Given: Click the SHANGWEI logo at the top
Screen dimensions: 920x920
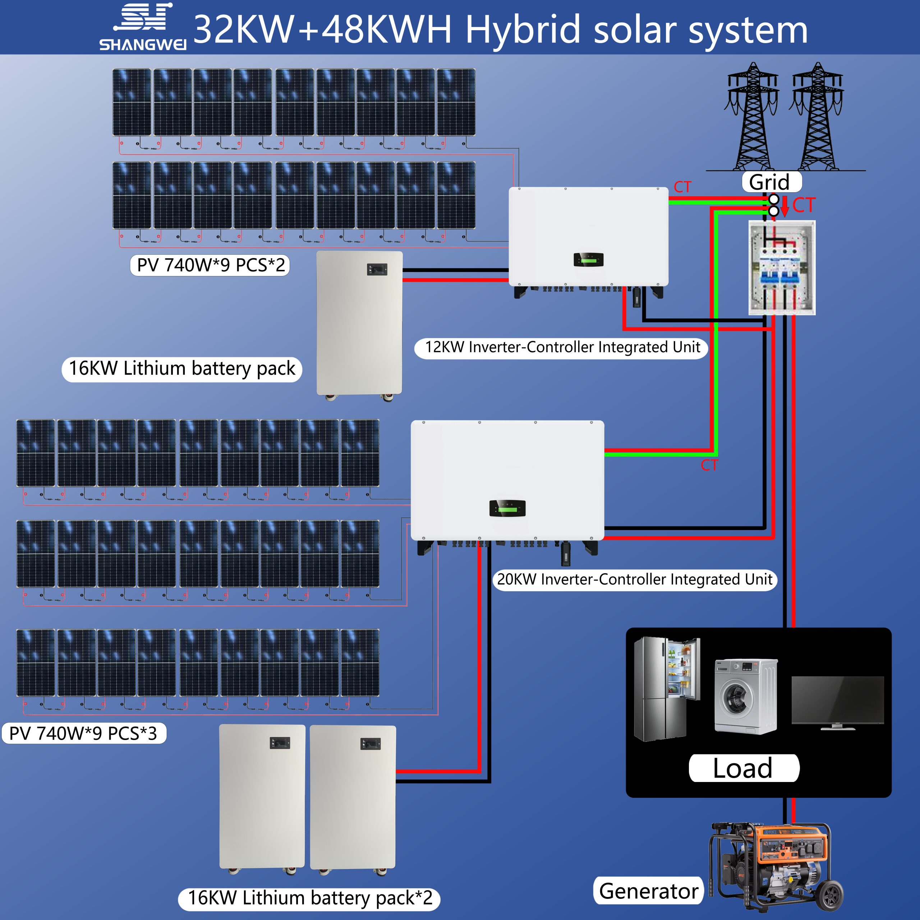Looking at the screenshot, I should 143,28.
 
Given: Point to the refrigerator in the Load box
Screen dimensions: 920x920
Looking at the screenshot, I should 667,689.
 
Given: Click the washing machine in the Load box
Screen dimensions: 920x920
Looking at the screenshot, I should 745,696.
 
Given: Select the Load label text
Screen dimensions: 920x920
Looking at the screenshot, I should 743,768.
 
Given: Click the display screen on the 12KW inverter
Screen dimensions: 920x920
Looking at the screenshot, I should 589,259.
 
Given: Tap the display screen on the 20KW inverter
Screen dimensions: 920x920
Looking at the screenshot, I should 507,508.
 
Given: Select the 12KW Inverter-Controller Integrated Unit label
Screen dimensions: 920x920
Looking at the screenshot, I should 562,347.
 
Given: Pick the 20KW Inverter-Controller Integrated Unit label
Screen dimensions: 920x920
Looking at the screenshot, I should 634,580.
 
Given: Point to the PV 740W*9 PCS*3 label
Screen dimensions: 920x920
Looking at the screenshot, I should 83,733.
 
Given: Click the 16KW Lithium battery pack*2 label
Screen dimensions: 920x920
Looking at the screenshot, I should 309,898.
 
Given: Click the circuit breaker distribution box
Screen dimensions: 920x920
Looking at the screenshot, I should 782,268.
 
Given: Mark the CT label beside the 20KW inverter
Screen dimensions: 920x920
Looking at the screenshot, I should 709,465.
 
